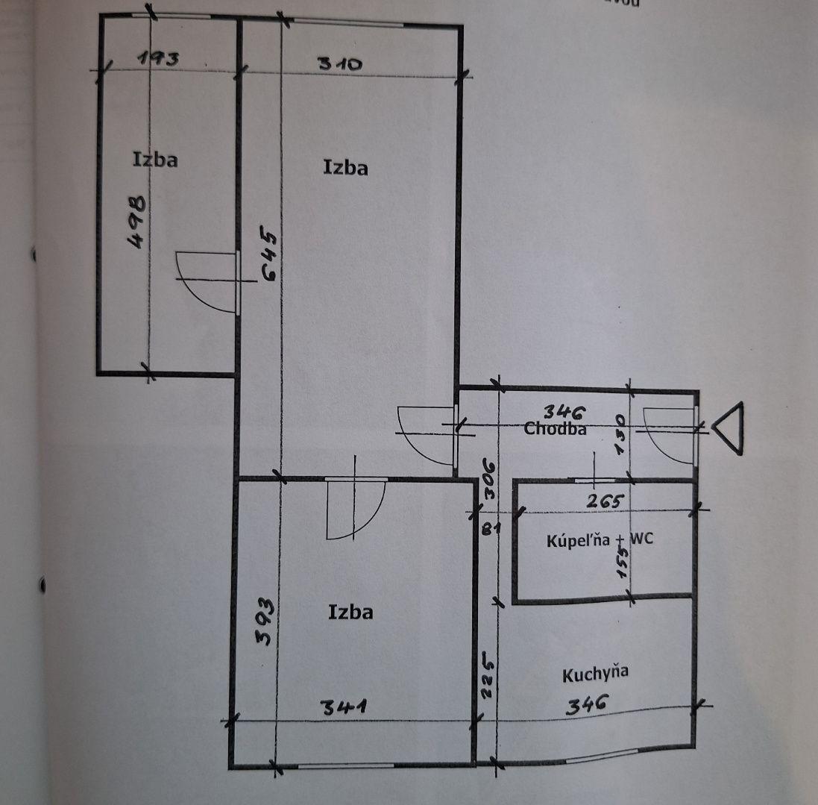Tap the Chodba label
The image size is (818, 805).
coord(555,429)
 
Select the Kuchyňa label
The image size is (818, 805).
coord(595,674)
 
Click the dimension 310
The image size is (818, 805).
coord(340,63)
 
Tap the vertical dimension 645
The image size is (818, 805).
coord(269,256)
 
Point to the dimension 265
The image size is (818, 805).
coord(603,501)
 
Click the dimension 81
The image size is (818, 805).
coord(488,530)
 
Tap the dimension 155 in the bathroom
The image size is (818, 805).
coord(623,561)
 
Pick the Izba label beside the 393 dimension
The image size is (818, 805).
coord(350,613)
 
